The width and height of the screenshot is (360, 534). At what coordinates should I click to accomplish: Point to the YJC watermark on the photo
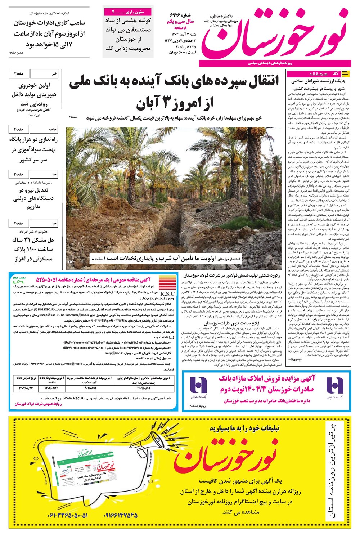(x=70, y=261)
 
